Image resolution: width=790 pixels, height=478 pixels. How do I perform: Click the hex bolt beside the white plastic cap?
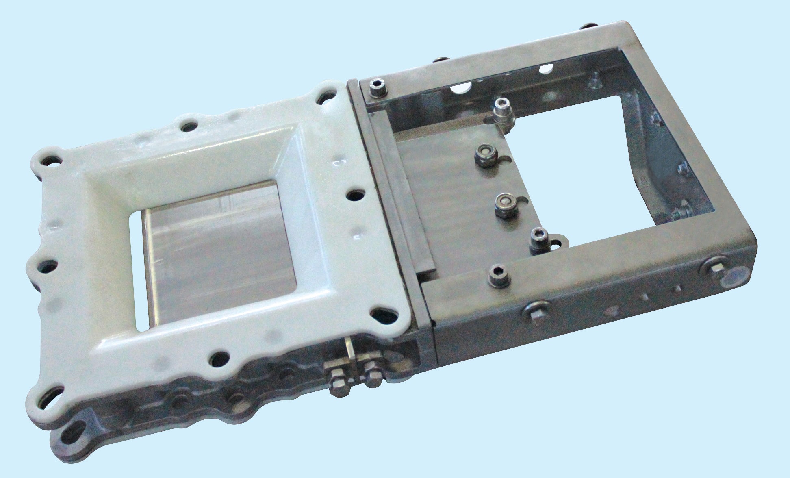pos(715,266)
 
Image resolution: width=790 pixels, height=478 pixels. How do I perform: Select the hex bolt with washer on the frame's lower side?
pos(535,311)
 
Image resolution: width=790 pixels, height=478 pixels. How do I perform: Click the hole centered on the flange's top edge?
pos(187,127)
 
